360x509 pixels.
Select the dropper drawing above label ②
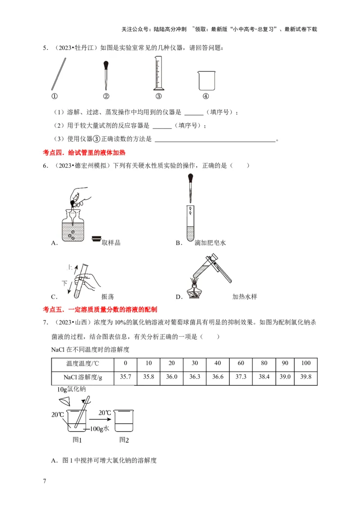106,75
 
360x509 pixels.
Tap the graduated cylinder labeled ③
158,74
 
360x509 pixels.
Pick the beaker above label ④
205,81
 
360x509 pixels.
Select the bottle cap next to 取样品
96,239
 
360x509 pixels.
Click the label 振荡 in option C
108,297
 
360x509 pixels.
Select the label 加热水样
244,297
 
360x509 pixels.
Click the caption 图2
124,440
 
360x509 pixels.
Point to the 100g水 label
100,429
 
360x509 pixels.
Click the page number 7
45,481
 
